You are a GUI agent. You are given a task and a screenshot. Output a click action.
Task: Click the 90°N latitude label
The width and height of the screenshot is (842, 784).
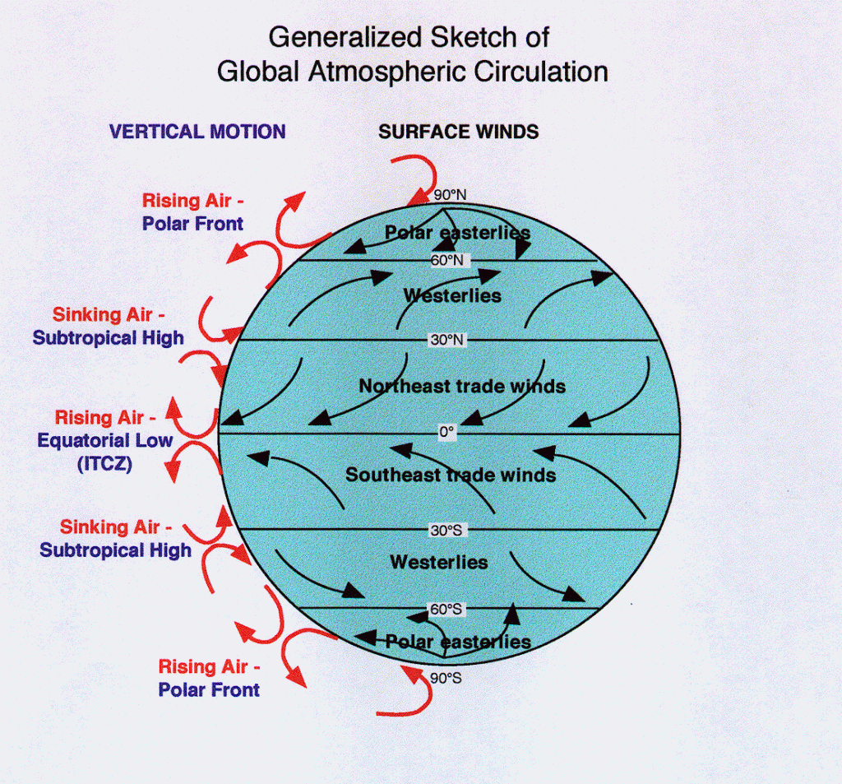450,195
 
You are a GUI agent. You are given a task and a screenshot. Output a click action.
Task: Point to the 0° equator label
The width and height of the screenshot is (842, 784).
446,431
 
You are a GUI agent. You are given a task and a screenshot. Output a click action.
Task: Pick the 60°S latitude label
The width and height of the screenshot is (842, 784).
446,610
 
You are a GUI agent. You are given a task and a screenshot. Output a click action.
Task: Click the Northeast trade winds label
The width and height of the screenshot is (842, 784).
462,385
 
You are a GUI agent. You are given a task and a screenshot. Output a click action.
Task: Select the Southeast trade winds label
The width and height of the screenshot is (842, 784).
451,475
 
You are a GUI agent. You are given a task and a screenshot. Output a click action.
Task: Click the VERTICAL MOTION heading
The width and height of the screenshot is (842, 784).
197,132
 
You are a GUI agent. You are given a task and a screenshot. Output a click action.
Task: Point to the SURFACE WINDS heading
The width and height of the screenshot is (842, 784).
458,132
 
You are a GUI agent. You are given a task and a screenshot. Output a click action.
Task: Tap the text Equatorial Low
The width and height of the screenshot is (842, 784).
104,440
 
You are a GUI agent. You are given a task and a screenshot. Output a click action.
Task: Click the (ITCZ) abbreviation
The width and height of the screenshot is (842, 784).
104,463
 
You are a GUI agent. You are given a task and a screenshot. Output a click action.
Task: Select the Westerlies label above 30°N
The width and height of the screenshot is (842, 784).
452,295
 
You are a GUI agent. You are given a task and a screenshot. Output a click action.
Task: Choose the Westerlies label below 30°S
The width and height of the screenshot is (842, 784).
438,563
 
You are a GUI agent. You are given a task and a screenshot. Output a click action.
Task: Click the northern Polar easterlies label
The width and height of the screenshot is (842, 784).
457,233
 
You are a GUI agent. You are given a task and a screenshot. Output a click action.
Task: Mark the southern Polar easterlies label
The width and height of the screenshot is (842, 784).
458,642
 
